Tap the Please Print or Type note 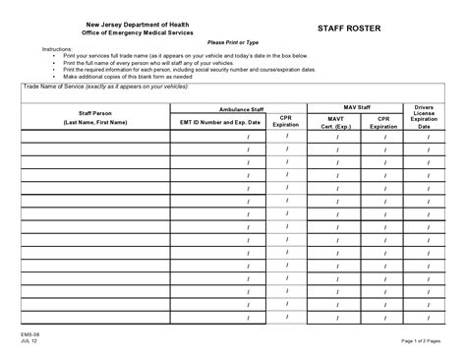[x=232, y=43]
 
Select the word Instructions [x=56, y=49]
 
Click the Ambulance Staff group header [x=240, y=108]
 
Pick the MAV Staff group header [x=356, y=108]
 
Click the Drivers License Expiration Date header [x=424, y=117]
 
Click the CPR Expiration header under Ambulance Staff [x=286, y=122]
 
